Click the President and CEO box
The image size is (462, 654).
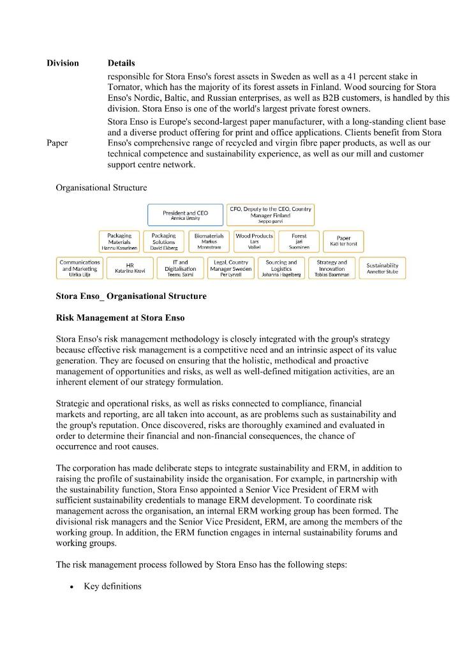pos(185,215)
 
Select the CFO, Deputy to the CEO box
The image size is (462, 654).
pos(271,215)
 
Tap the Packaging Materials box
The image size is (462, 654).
pos(119,241)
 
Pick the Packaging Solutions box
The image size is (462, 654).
pos(164,241)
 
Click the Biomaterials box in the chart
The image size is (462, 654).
pos(209,241)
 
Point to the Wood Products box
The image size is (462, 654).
pos(254,241)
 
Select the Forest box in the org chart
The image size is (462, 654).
pos(299,241)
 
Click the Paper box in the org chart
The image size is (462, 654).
pos(343,241)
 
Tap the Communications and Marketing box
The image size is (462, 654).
pos(79,268)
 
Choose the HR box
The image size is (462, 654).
pos(130,268)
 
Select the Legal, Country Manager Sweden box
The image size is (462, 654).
pos(231,268)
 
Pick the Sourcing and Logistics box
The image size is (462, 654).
pos(281,268)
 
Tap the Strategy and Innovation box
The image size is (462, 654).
pos(332,268)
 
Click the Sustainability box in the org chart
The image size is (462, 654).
pos(382,268)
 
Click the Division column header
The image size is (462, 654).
pos(63,63)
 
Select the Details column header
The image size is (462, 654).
pos(121,63)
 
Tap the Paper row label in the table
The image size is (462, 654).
pos(57,143)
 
